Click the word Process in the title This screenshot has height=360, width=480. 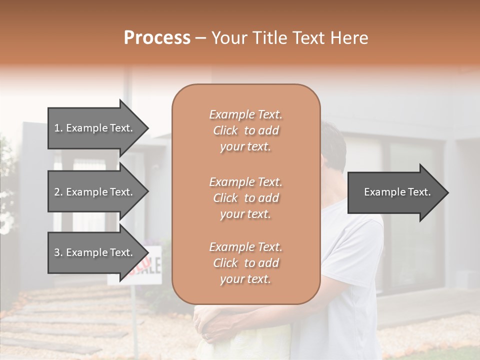pos(157,38)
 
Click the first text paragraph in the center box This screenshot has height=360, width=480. pos(245,130)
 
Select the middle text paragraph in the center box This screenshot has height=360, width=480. pos(245,197)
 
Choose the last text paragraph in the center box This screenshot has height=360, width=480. pos(245,263)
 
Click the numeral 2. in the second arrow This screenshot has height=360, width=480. pos(58,192)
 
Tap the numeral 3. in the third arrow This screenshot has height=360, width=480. pos(58,252)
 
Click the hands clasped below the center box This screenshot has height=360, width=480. pos(210,325)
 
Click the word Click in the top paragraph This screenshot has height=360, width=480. pos(225,130)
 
